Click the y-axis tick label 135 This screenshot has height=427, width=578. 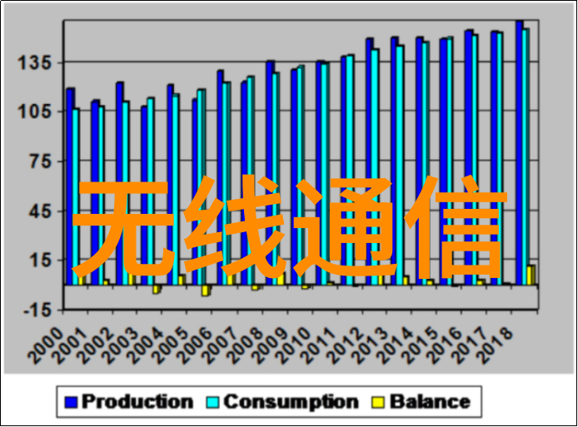(38, 62)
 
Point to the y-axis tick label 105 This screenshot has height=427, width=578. (38, 112)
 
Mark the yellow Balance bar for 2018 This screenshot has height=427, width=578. (531, 275)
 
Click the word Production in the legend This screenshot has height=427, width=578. (137, 402)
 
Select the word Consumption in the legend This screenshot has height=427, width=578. (291, 402)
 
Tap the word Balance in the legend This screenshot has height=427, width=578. (430, 402)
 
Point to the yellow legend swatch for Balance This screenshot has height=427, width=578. (378, 403)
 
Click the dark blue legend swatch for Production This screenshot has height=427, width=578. (71, 403)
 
